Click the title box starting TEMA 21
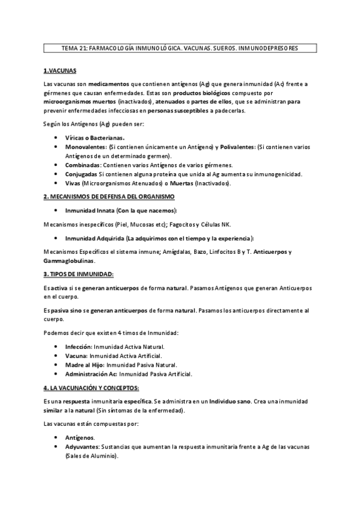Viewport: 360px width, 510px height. click(180, 48)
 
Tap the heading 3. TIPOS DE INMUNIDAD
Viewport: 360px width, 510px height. click(79, 274)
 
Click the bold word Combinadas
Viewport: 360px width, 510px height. click(82, 165)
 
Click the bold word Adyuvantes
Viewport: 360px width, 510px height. click(82, 448)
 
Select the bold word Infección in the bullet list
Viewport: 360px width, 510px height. click(78, 347)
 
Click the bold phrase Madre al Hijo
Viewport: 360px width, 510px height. click(84, 364)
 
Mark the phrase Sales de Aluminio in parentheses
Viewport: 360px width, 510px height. click(92, 457)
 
